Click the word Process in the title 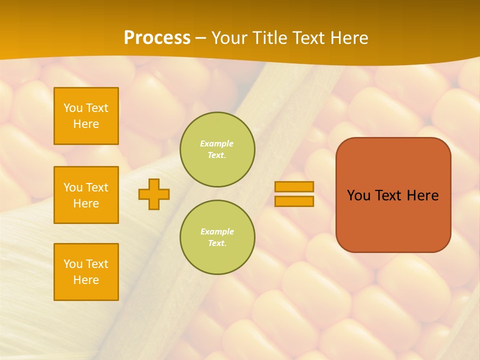pos(157,38)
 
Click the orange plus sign pos(154,194)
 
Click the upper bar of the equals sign pos(294,187)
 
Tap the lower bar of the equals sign pos(294,201)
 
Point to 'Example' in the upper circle pos(217,143)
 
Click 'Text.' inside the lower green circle pos(217,243)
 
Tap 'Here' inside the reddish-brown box pos(422,195)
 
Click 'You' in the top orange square pos(73,108)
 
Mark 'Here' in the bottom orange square pos(86,280)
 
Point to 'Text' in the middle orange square pos(96,187)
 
